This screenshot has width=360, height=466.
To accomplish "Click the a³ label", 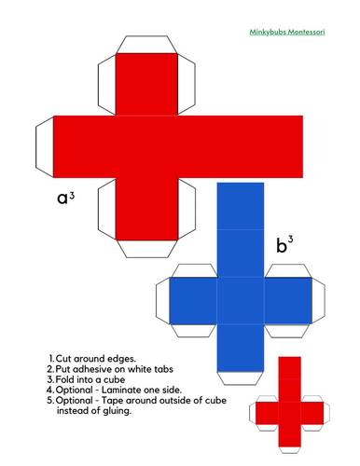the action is (65, 198).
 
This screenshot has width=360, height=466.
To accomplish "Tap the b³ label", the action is (284, 246).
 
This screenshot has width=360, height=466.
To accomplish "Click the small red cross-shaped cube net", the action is (290, 411).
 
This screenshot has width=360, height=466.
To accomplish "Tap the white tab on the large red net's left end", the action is (45, 144).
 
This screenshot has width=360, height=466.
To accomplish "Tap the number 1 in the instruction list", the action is (50, 358).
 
